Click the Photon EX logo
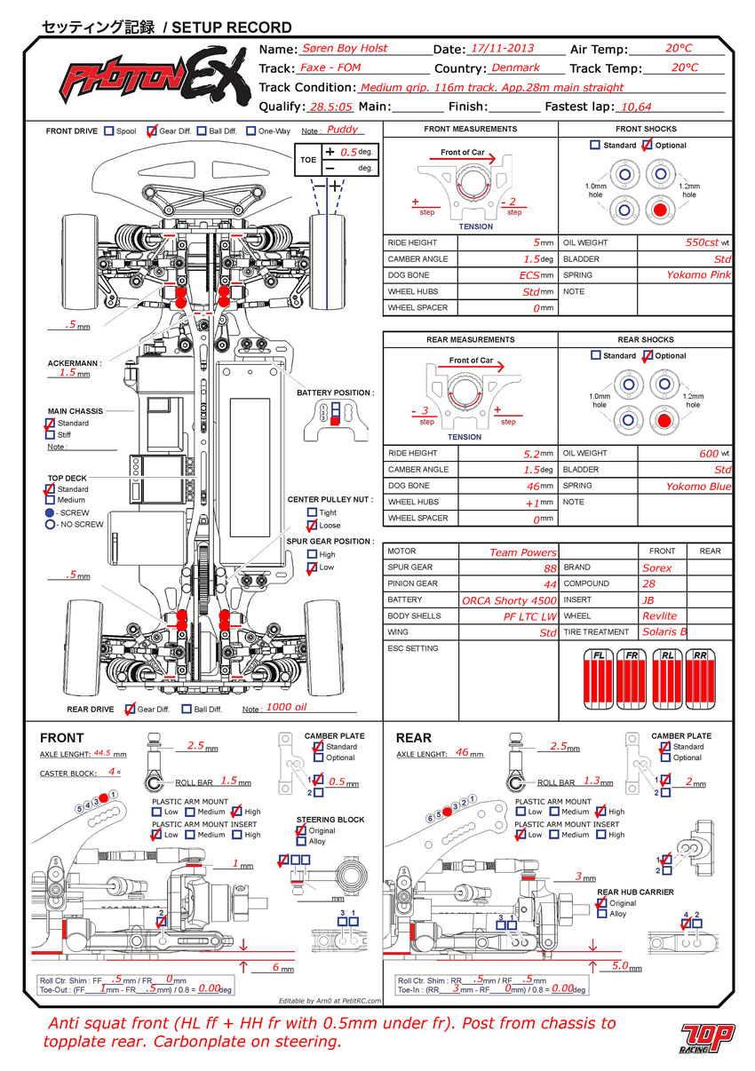click(155, 75)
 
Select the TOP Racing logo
click(707, 1038)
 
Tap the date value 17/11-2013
click(502, 48)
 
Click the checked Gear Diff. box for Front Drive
click(152, 131)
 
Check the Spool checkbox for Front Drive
click(109, 131)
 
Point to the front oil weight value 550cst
click(702, 242)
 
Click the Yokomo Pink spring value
click(698, 275)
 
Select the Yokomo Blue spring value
click(698, 487)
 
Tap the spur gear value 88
click(550, 568)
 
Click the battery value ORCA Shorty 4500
click(509, 600)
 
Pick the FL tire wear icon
click(598, 679)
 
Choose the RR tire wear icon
click(700, 679)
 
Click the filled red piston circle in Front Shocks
click(660, 210)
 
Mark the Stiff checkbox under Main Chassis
click(51, 434)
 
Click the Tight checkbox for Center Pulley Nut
click(312, 512)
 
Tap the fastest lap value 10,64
click(636, 107)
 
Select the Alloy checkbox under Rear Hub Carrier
click(602, 914)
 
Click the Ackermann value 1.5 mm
click(68, 372)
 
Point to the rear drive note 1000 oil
click(286, 707)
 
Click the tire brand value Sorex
click(657, 568)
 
